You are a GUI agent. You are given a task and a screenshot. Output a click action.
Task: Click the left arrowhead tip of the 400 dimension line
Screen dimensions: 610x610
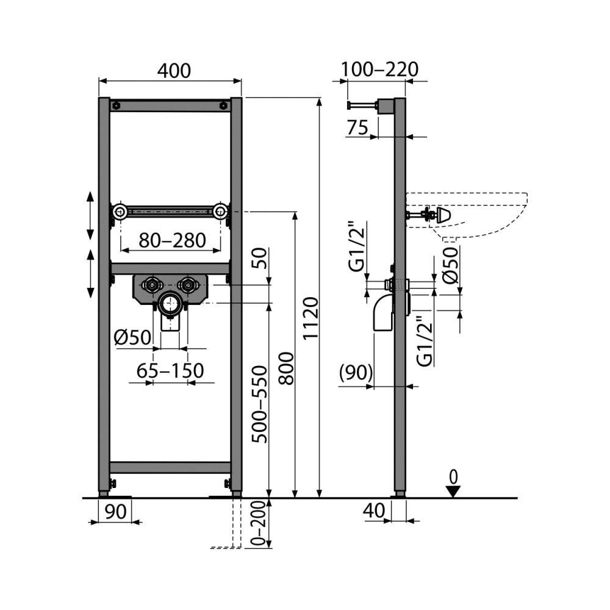pyautogui.click(x=99, y=81)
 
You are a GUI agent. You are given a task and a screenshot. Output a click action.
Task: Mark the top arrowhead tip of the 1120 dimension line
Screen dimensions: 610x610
pyautogui.click(x=320, y=98)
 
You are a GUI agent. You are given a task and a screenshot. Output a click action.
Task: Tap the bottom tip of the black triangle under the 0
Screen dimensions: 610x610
pyautogui.click(x=453, y=497)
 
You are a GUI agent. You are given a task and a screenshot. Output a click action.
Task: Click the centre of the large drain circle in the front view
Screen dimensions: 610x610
pyautogui.click(x=170, y=303)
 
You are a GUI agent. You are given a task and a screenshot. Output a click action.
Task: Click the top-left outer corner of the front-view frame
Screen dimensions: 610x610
pyautogui.click(x=99, y=98)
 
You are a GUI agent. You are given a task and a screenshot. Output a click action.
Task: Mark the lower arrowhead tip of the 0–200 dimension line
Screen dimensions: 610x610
pyautogui.click(x=269, y=548)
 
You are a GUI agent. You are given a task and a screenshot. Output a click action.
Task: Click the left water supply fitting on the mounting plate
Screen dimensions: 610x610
pyautogui.click(x=152, y=285)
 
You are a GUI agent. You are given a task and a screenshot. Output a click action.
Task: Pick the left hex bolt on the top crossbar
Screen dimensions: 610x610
pyautogui.click(x=116, y=106)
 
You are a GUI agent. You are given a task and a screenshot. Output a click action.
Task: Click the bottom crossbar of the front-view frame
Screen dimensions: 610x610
pyautogui.click(x=170, y=467)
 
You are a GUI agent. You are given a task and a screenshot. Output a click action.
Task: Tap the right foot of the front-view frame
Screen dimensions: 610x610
pyautogui.click(x=235, y=494)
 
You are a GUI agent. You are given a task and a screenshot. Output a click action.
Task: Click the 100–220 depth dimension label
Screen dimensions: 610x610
pyautogui.click(x=379, y=70)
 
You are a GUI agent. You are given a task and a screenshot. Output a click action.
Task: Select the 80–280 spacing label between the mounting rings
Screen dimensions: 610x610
pyautogui.click(x=173, y=240)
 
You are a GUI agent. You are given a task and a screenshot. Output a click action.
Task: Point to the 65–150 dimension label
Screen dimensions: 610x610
pyautogui.click(x=170, y=370)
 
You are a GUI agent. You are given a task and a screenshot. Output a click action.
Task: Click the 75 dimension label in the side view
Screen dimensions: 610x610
pyautogui.click(x=357, y=127)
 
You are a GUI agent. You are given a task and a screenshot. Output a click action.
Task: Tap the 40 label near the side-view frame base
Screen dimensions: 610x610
pyautogui.click(x=374, y=511)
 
